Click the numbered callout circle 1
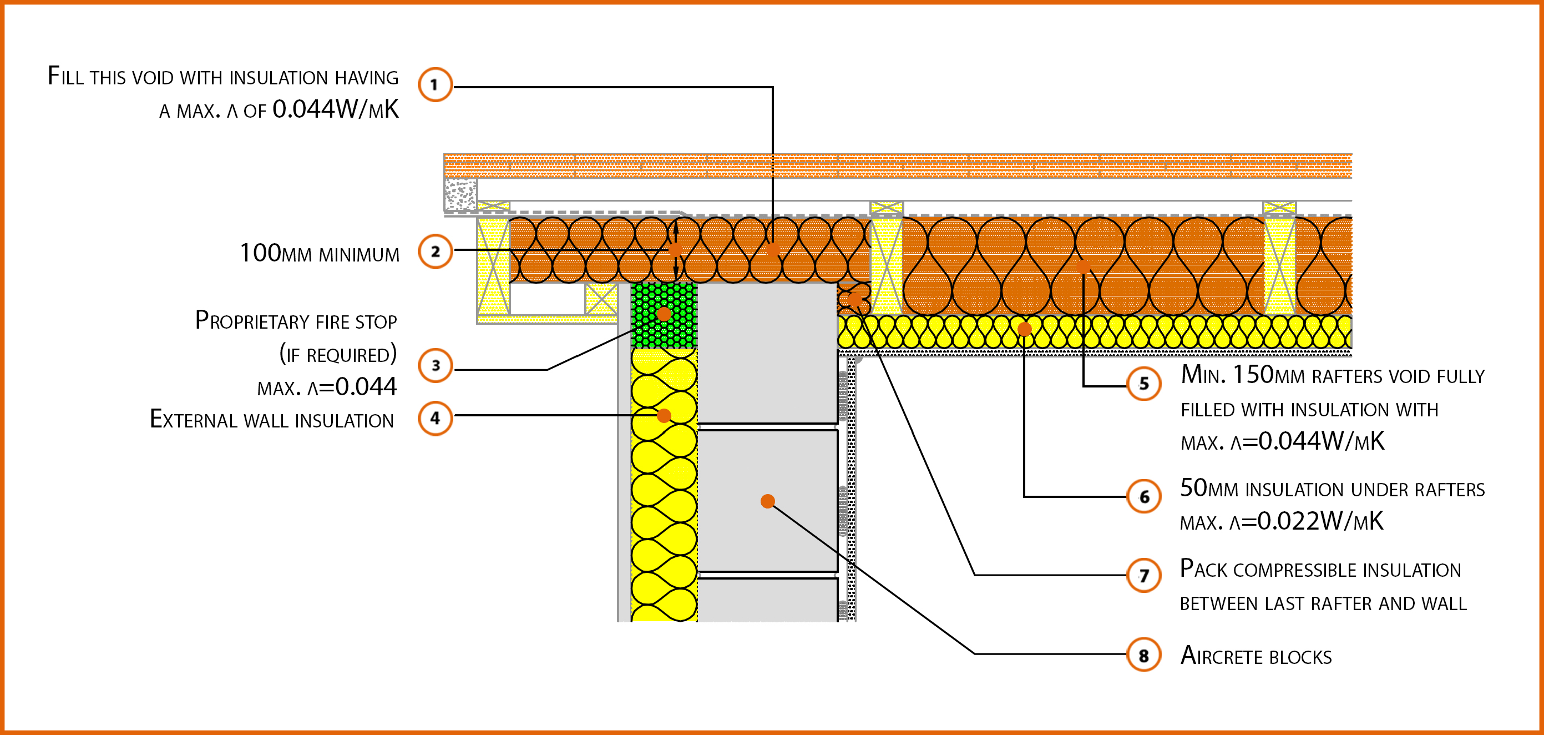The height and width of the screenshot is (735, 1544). coord(434,84)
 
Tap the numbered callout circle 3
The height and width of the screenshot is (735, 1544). coord(436,365)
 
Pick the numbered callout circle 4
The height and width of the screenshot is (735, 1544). coord(435,418)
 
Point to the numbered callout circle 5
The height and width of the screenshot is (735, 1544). coord(1143,384)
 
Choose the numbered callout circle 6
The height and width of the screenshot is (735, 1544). coord(1143,496)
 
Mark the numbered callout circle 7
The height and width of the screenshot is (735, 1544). coord(1143,576)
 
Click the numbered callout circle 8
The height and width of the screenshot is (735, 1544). coord(1143,655)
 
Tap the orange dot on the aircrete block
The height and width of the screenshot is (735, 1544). coord(767,501)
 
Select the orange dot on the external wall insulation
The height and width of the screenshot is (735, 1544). coord(664,415)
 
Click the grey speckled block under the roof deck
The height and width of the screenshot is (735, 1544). coord(460,194)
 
